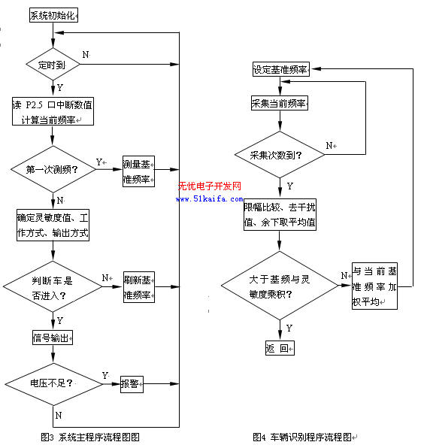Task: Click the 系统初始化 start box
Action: pos(53,15)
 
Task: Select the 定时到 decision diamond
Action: pos(53,65)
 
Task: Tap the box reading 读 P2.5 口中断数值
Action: pos(53,111)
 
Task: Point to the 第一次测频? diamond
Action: pos(53,169)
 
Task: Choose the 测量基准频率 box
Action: pos(138,171)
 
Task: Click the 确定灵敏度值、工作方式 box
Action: pos(53,226)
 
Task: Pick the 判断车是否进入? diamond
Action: pos(53,286)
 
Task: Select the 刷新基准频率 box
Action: pos(139,287)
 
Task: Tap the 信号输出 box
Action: pos(53,338)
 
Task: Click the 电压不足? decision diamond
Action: pos(53,384)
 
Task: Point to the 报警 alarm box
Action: pos(132,384)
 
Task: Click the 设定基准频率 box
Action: pos(281,69)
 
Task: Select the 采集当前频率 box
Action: pos(280,103)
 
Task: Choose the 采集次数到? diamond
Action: pos(280,155)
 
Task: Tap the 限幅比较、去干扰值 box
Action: pos(280,214)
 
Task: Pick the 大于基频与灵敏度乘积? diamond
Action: pos(280,286)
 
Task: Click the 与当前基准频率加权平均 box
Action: pos(374,286)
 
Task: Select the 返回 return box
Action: pos(280,348)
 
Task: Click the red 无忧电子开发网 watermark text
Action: pos(210,186)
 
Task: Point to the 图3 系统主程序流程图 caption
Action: pos(90,437)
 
